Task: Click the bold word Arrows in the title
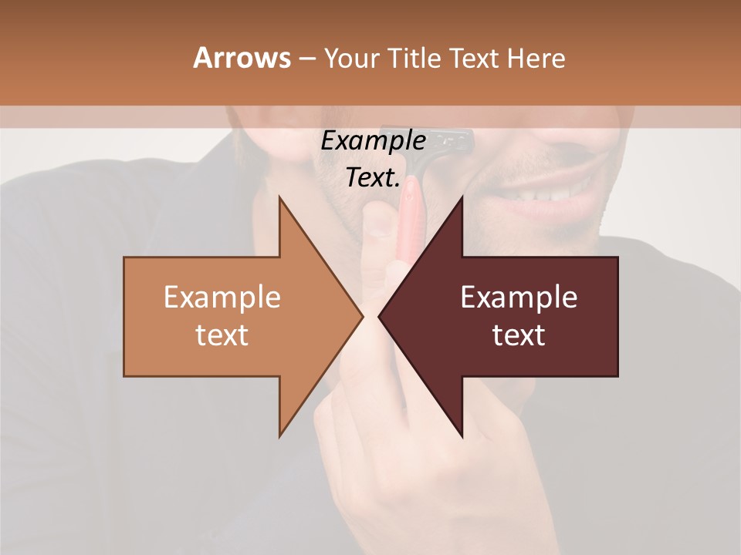coord(241,59)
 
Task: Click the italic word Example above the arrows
coord(373,141)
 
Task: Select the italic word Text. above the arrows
coord(373,178)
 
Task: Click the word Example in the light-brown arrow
coord(222,298)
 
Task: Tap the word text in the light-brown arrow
coord(222,335)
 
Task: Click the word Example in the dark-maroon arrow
coord(519,298)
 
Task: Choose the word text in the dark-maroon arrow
coord(519,335)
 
